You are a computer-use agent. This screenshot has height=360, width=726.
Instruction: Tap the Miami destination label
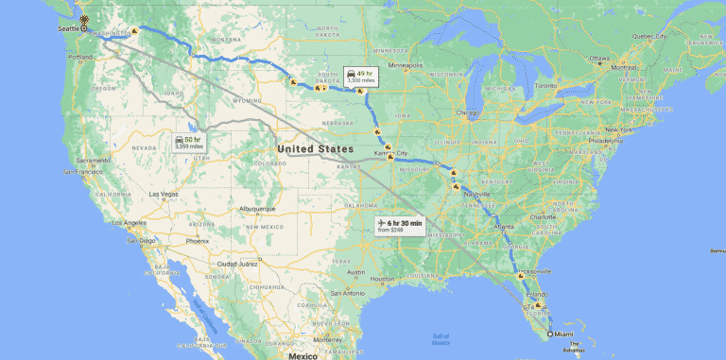pos(564,334)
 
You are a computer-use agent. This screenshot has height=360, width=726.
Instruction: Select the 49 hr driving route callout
pos(360,76)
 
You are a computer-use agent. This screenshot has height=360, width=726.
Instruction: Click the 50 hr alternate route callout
pos(188,143)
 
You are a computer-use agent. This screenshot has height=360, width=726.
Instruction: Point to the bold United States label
pos(315,149)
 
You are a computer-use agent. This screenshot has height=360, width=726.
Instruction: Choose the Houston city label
pos(382,279)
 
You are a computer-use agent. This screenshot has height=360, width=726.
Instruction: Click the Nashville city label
pos(476,194)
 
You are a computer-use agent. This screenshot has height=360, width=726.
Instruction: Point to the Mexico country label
pos(302,355)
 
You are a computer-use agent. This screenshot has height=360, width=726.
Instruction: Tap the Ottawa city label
pos(599,58)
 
